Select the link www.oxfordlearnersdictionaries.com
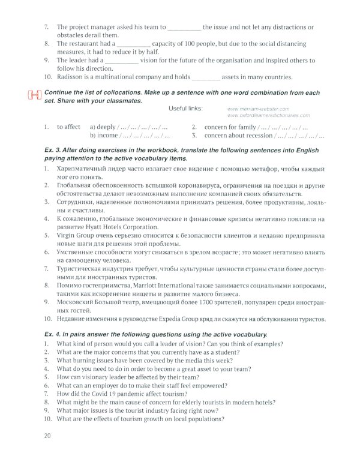pos(269,115)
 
